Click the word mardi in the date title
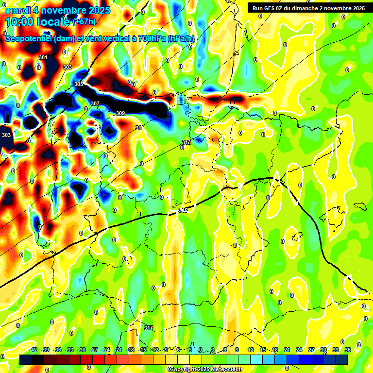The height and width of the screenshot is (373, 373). [18, 10]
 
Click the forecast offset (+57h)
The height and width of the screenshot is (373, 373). [84, 22]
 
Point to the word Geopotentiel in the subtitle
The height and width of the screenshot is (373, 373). [29, 39]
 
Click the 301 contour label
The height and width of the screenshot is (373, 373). [43, 57]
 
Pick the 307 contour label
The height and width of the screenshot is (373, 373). [95, 103]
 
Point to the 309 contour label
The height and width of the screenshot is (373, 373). [120, 113]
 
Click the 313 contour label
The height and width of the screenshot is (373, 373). [186, 142]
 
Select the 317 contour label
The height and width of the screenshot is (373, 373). [149, 328]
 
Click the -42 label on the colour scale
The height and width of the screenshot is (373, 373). [34, 350]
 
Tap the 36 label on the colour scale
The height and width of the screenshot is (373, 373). [348, 350]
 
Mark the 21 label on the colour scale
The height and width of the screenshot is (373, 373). [287, 350]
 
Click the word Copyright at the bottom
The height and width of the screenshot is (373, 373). [183, 370]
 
